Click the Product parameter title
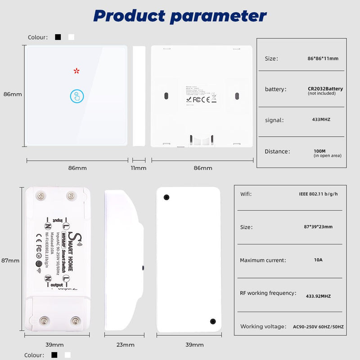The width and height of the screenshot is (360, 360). [x=180, y=16]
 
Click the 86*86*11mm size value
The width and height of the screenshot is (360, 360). [x=320, y=58]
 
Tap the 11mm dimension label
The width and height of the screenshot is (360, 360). [x=139, y=168]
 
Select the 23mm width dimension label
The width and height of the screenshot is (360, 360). [x=126, y=345]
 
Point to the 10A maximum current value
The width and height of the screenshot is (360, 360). [x=318, y=260]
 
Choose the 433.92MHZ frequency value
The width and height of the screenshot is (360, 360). [x=318, y=297]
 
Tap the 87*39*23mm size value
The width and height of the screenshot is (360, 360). [x=318, y=227]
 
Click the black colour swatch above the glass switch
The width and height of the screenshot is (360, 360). [x=58, y=37]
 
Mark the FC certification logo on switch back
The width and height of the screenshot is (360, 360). [x=197, y=100]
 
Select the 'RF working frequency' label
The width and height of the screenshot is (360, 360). [x=268, y=293]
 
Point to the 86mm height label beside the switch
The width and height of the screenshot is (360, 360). [x=13, y=94]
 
